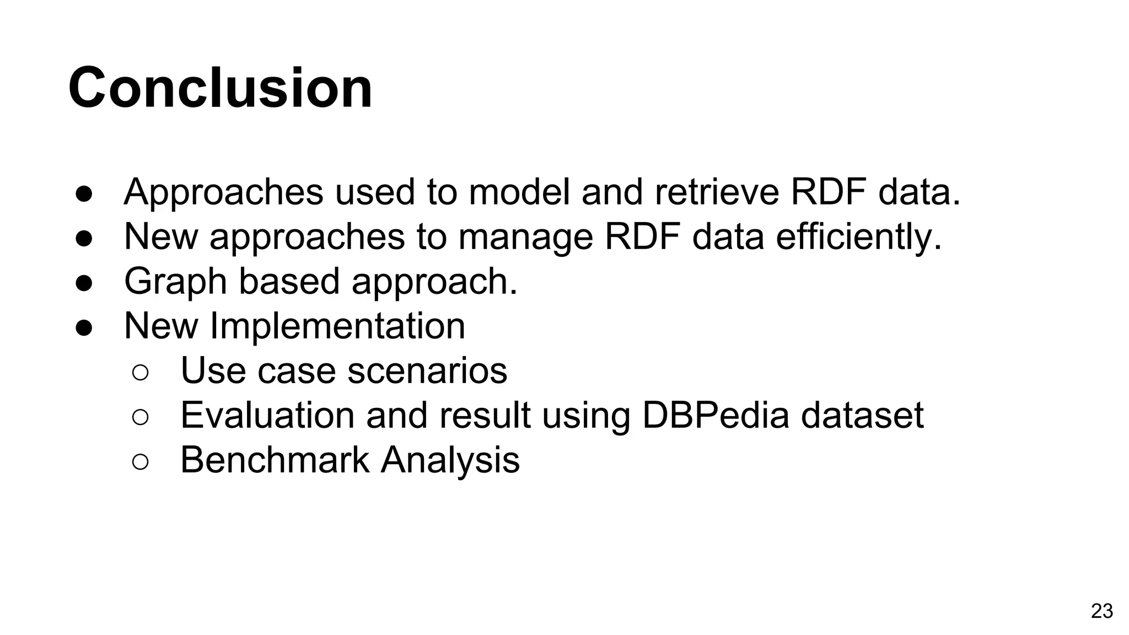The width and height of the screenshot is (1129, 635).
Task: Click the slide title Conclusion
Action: pos(221,88)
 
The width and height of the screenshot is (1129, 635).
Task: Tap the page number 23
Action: pos(1101,611)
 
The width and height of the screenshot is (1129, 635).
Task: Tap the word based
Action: pos(289,281)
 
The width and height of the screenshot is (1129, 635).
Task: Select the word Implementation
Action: pos(337,326)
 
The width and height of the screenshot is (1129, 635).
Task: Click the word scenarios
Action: pos(427,370)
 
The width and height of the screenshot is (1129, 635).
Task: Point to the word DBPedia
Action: pos(716,415)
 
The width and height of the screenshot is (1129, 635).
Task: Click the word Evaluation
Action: pos(267,415)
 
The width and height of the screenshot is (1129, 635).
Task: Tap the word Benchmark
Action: pos(275,460)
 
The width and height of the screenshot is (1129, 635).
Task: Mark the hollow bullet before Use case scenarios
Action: pos(141,373)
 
